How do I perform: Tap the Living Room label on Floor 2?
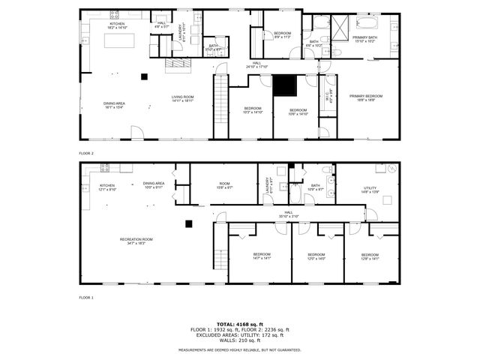click(182, 98)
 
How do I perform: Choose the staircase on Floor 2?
click(220, 104)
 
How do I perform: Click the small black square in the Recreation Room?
click(189, 223)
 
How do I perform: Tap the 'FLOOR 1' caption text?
click(86, 298)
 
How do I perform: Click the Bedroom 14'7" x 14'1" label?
click(262, 256)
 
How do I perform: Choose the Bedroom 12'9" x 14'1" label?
click(370, 256)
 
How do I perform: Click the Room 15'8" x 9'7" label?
click(224, 185)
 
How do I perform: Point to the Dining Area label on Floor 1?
click(154, 185)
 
